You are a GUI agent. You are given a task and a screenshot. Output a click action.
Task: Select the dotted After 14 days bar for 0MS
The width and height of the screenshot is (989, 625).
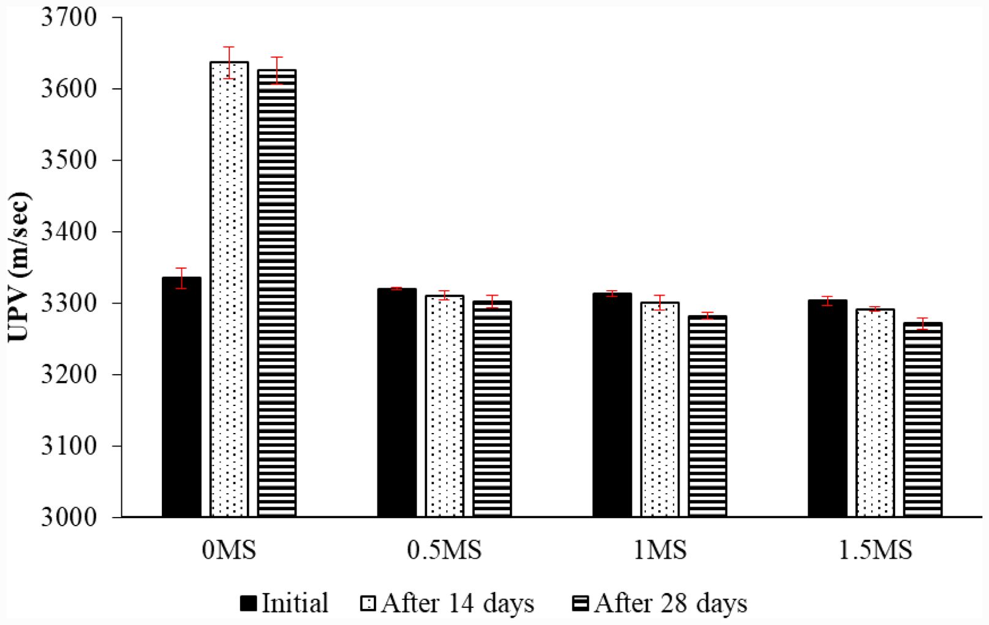coord(229,289)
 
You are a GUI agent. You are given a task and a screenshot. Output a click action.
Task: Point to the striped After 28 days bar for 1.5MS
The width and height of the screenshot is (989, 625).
coord(923,420)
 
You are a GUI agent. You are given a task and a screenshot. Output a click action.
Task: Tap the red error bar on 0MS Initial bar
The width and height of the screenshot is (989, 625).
coord(181,278)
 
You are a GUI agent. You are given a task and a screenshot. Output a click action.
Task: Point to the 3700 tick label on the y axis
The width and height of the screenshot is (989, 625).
coord(69,18)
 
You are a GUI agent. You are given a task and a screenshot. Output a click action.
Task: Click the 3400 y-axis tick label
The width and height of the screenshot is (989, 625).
coord(69,232)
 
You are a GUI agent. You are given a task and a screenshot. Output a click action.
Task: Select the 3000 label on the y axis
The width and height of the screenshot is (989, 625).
coord(69,517)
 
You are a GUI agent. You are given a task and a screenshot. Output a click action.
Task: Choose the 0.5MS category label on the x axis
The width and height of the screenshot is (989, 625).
coord(444,550)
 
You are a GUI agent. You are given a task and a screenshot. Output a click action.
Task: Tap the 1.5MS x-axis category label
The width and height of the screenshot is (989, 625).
coord(875,550)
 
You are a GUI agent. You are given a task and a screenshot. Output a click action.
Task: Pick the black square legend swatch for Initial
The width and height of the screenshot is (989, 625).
coord(248,604)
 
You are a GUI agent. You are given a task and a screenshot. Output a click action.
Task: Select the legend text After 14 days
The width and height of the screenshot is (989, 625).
coord(457,604)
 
